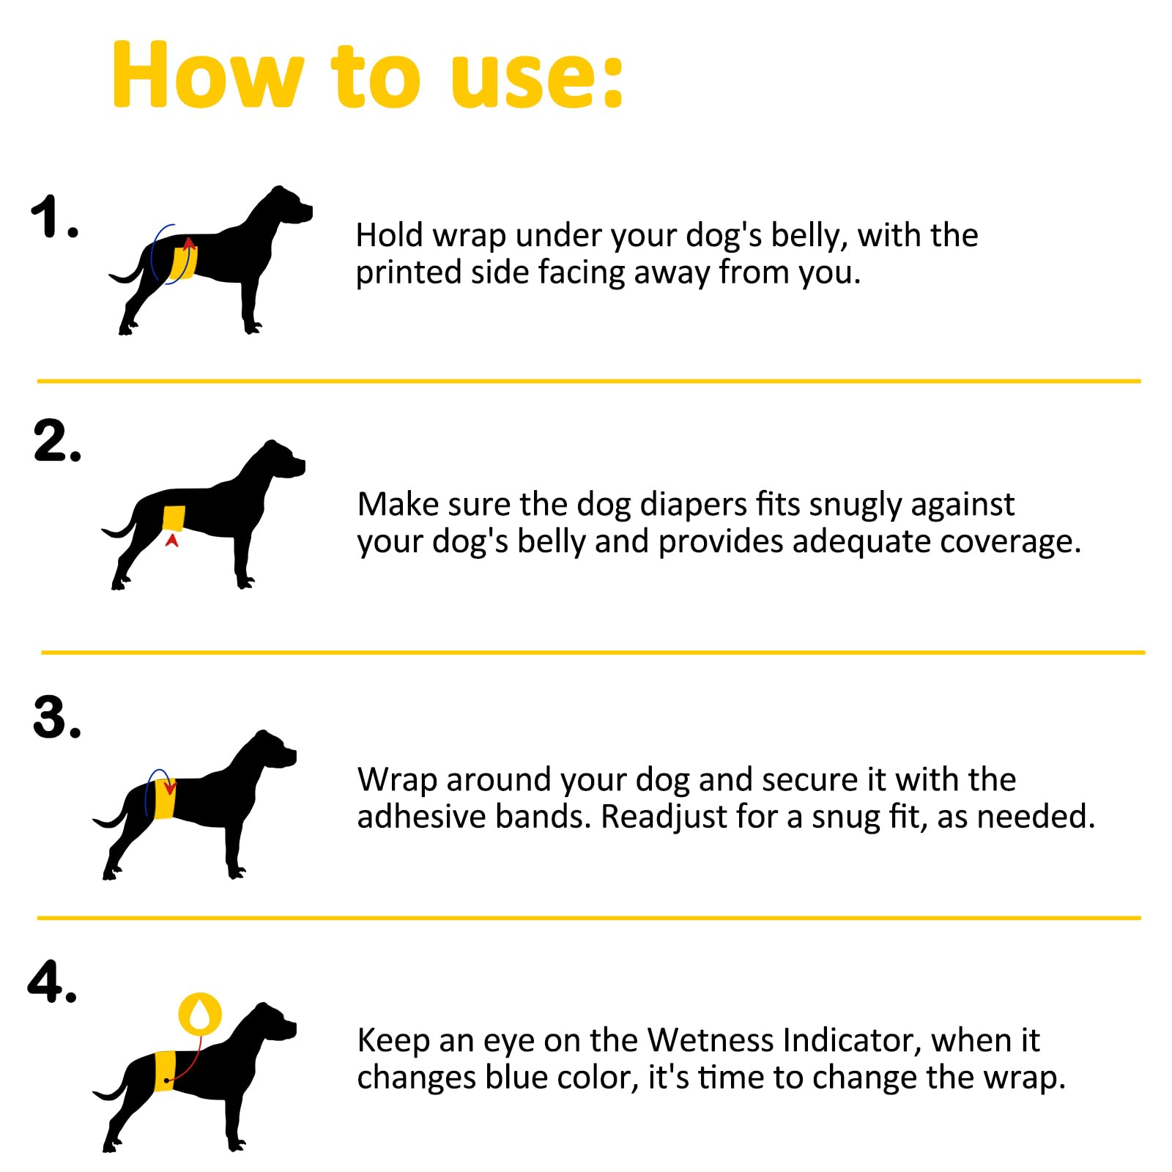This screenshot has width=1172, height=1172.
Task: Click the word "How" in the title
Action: pyautogui.click(x=207, y=76)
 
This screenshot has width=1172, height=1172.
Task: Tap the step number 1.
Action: pyautogui.click(x=54, y=218)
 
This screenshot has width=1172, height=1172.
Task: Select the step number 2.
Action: pyautogui.click(x=57, y=441)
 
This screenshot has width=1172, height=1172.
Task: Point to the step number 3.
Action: pyautogui.click(x=57, y=717)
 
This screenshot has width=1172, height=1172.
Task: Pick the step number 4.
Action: pyautogui.click(x=52, y=982)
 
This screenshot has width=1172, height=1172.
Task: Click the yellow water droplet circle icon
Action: pyautogui.click(x=200, y=1014)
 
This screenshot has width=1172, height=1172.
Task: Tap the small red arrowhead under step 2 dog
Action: pyautogui.click(x=172, y=540)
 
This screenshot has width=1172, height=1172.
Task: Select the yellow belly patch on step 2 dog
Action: pyautogui.click(x=174, y=519)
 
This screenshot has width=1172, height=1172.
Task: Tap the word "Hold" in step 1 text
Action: pyautogui.click(x=390, y=236)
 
